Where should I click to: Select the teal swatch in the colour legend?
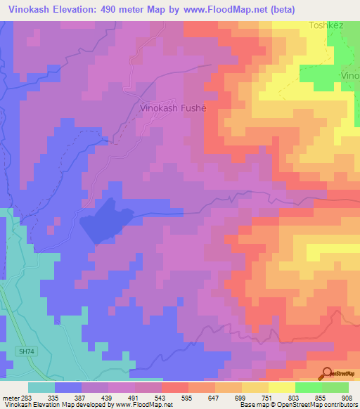coord(41,387)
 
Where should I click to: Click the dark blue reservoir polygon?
coord(105,220)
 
